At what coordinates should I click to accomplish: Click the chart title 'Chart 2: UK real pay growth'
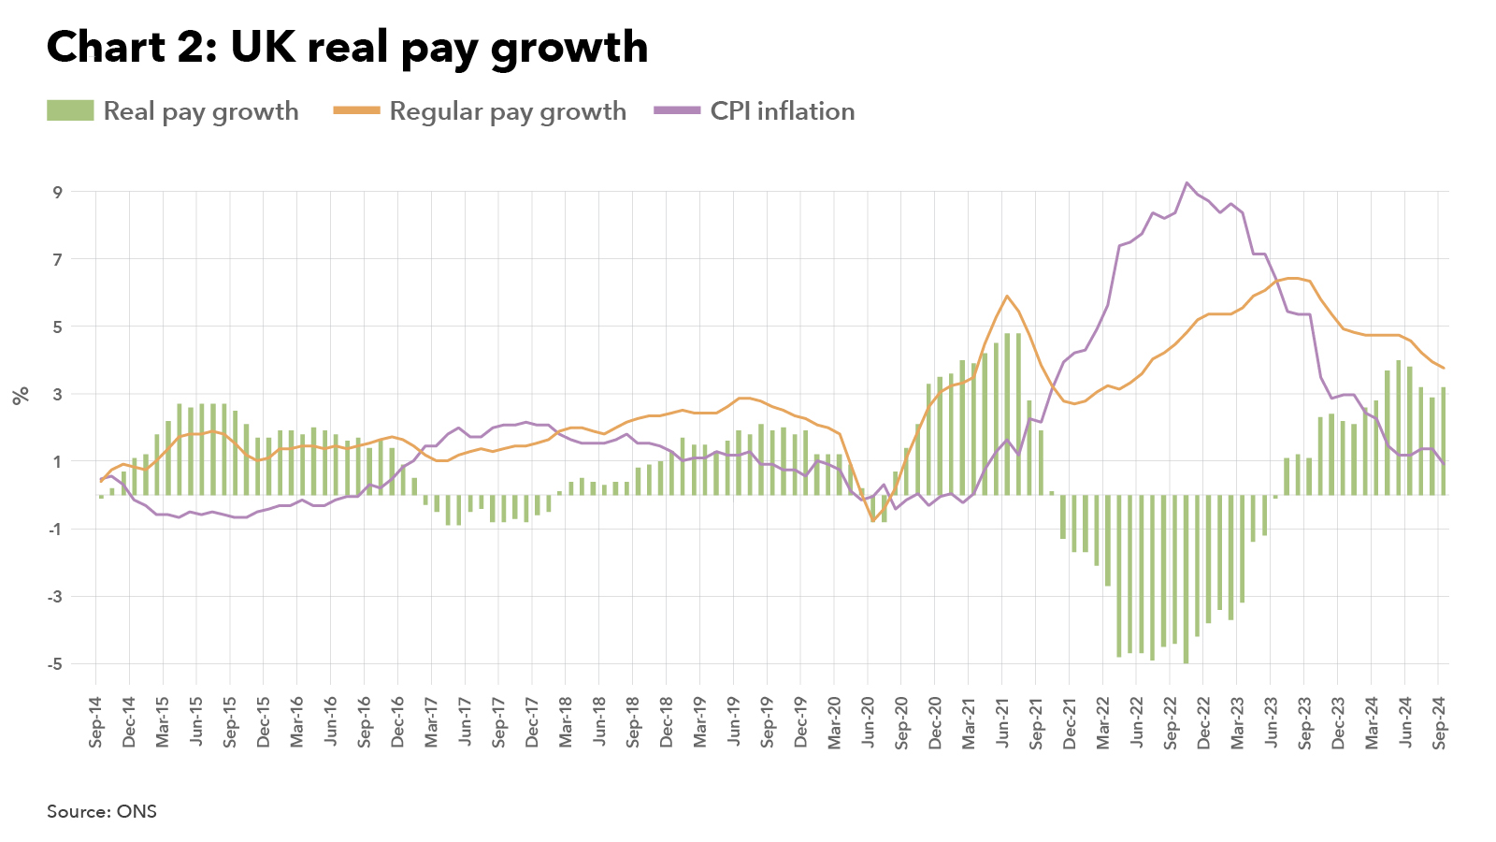pyautogui.click(x=347, y=48)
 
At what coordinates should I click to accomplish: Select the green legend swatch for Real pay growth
pyautogui.click(x=70, y=111)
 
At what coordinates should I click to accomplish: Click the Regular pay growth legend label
pyautogui.click(x=508, y=111)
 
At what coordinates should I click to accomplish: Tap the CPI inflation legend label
pyautogui.click(x=782, y=111)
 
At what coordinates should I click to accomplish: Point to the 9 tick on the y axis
pyautogui.click(x=58, y=193)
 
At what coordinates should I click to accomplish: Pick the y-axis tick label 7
pyautogui.click(x=58, y=260)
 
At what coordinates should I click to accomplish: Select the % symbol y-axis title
pyautogui.click(x=22, y=395)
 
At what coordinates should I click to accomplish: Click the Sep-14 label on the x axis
pyautogui.click(x=96, y=721)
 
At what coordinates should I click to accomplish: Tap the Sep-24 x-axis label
pyautogui.click(x=1440, y=721)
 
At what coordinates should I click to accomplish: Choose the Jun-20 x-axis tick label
pyautogui.click(x=869, y=721)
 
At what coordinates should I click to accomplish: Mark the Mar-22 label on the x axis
pyautogui.click(x=1103, y=721)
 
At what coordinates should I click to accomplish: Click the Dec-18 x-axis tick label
pyautogui.click(x=667, y=721)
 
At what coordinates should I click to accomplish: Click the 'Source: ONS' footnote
pyautogui.click(x=102, y=811)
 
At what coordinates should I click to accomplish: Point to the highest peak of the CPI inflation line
pyautogui.click(x=1187, y=183)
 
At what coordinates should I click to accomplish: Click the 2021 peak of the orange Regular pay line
pyautogui.click(x=1007, y=297)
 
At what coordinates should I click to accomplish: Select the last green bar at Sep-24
pyautogui.click(x=1444, y=440)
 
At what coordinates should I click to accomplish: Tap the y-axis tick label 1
pyautogui.click(x=58, y=462)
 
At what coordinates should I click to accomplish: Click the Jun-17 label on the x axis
pyautogui.click(x=466, y=721)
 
